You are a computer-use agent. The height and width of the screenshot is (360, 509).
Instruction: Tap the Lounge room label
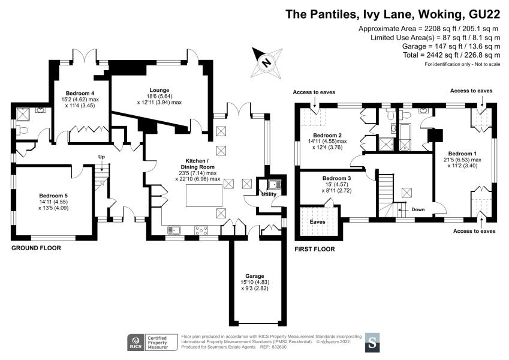tap(159, 90)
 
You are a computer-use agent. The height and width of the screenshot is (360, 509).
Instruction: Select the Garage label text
tap(255, 276)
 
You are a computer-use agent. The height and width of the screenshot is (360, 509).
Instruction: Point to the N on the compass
tap(267, 62)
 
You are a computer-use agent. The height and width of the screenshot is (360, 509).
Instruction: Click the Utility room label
tap(269, 194)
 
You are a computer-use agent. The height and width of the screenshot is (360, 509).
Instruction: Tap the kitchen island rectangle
tap(204, 195)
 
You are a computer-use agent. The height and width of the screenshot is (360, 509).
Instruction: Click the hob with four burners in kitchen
tap(201, 230)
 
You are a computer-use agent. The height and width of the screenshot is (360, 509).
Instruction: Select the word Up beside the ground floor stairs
tap(101, 157)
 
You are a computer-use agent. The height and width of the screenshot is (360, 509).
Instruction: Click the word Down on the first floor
tap(418, 209)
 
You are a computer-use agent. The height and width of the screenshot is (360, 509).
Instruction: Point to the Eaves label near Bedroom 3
tap(318, 222)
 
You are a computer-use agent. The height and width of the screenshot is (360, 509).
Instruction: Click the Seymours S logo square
tap(372, 343)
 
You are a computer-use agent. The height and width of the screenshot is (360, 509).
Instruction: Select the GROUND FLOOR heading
tap(36, 248)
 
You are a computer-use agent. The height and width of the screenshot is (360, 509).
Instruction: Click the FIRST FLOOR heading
tap(315, 249)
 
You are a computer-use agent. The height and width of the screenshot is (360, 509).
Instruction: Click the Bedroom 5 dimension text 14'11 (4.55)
tap(53, 202)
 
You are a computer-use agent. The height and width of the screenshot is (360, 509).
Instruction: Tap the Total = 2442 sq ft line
tap(451, 55)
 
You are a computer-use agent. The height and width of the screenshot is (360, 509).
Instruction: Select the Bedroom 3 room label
tap(336, 178)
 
